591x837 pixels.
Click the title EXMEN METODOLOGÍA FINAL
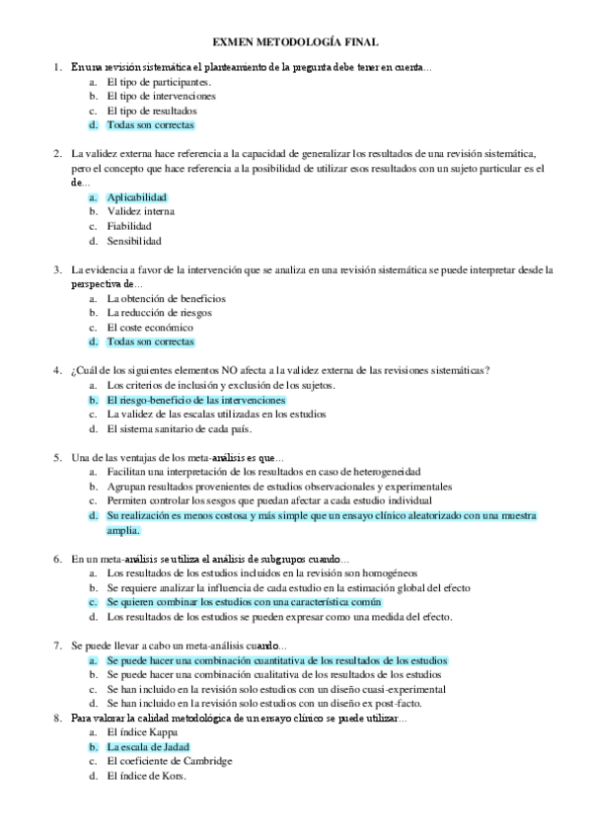point(295,42)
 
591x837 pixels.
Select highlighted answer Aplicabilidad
point(137,197)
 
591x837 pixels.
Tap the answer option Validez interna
point(141,211)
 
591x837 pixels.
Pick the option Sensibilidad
point(135,241)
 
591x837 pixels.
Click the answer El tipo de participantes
point(158,82)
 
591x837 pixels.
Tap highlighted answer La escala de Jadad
point(148,747)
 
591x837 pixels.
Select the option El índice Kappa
point(143,733)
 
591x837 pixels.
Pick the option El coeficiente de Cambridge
point(170,761)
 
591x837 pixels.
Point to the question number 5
point(57,457)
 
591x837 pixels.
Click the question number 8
point(57,719)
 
